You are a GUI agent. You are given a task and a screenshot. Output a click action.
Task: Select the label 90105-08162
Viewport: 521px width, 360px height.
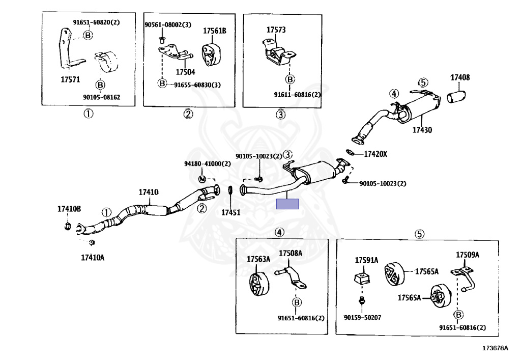click(103, 97)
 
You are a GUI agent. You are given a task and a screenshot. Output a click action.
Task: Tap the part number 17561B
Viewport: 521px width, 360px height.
click(214, 31)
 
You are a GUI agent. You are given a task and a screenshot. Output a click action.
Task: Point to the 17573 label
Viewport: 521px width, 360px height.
click(276, 30)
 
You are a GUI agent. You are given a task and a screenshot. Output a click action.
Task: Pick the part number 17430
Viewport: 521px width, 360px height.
click(422, 130)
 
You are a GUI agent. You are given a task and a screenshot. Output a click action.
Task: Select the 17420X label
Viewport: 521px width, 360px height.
click(375, 153)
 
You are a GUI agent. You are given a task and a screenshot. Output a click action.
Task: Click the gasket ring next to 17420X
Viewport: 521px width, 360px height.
click(351, 152)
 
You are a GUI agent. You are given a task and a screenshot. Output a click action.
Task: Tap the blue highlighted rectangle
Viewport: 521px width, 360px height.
click(287, 204)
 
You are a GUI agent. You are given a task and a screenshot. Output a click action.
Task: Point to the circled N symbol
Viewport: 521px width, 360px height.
click(202, 179)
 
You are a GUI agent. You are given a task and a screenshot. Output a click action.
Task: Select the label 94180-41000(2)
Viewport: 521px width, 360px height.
click(207, 164)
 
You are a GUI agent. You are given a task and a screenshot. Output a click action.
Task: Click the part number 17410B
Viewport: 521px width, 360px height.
click(69, 209)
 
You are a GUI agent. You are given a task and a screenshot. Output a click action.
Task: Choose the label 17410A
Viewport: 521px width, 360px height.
click(93, 257)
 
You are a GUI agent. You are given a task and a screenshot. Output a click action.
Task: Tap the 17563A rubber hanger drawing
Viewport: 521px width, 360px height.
click(257, 285)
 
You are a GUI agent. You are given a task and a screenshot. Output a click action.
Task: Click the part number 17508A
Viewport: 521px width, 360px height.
click(290, 253)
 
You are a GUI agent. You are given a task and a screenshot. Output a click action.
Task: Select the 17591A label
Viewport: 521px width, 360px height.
click(366, 260)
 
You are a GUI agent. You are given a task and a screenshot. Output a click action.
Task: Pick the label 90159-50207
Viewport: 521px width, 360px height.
click(362, 317)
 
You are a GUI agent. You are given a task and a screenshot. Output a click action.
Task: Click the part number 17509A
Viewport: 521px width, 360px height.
click(467, 255)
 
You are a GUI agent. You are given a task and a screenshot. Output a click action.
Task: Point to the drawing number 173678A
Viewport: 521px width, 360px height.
click(495, 348)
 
